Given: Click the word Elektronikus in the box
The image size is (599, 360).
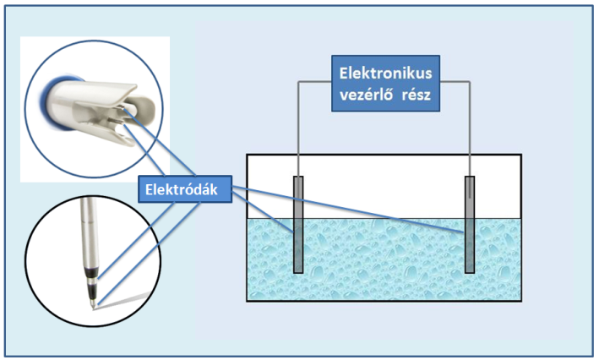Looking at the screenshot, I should pos(385,74).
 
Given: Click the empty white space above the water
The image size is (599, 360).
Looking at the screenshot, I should pos(380,186).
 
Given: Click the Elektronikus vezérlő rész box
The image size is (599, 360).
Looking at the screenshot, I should pos(385,84).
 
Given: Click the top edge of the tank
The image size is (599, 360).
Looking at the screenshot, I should pos(380,155).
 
